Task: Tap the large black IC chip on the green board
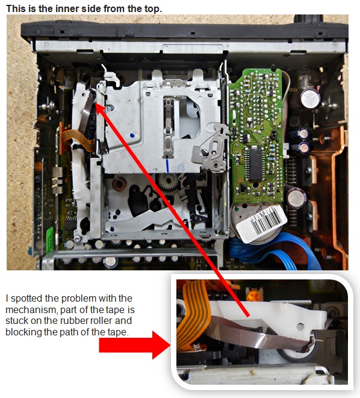(x=255, y=164)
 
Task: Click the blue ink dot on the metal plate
(x=132, y=135)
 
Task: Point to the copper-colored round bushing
(x=119, y=184)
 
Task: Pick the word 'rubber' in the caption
(x=79, y=321)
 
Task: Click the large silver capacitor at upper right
(x=309, y=99)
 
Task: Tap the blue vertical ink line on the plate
(x=167, y=166)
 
